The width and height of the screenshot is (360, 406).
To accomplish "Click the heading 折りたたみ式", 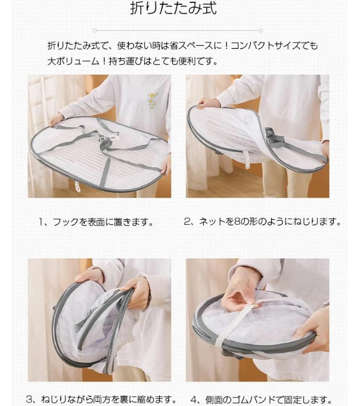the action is [173, 8].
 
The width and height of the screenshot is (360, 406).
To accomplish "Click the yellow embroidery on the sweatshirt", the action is [151, 101].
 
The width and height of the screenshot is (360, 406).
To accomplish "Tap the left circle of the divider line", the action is [95, 30].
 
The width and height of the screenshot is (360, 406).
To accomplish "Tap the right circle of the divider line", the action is [261, 30].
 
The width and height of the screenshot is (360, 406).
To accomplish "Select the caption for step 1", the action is [97, 222].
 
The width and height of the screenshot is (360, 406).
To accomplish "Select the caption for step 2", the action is [262, 221].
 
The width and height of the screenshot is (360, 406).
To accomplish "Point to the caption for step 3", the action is [101, 399].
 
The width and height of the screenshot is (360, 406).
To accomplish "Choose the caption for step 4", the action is [262, 399].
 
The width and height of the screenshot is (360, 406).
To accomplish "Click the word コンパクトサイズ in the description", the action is [266, 46].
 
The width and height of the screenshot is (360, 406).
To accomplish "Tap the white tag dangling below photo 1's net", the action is [77, 186].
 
